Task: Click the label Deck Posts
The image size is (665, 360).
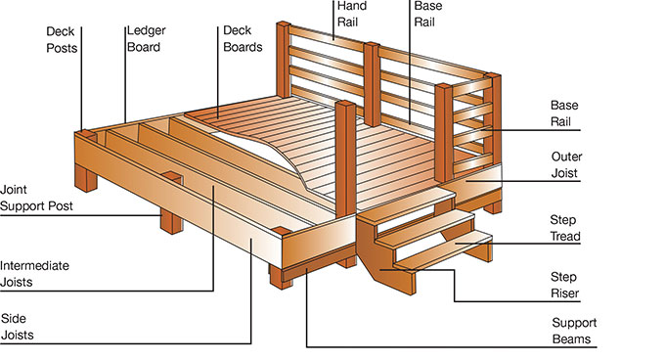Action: tap(62, 40)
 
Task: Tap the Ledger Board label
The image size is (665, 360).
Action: tap(147, 38)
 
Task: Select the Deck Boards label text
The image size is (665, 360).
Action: tap(243, 38)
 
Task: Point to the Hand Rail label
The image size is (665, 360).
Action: tap(352, 14)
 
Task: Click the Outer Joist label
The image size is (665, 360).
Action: tap(566, 165)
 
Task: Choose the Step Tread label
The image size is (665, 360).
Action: tap(565, 228)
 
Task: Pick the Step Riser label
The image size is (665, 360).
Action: tap(564, 285)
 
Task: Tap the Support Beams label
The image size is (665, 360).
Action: tap(574, 331)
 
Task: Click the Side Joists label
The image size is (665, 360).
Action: tap(18, 327)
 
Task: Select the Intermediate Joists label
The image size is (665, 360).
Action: tap(34, 274)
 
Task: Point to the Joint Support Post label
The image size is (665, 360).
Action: tap(36, 198)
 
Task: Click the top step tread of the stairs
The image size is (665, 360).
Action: tap(406, 206)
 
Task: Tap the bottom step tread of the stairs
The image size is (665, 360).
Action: tap(443, 249)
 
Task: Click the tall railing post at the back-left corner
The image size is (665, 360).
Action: tap(284, 60)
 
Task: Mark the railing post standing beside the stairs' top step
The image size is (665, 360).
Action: tap(346, 158)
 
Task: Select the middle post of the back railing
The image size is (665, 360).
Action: tap(372, 84)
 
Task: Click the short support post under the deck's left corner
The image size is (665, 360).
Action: tap(86, 178)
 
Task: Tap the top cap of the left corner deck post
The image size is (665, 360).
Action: tap(87, 134)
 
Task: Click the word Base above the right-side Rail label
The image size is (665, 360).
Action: tap(564, 105)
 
